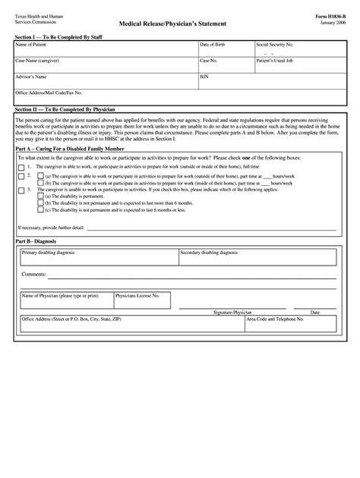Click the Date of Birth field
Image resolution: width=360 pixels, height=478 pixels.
coord(225,49)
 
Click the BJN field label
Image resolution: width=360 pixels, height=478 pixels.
coord(204,77)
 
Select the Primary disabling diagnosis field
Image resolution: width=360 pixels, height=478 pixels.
coord(97,258)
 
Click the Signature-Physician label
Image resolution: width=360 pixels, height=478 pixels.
coord(232,312)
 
